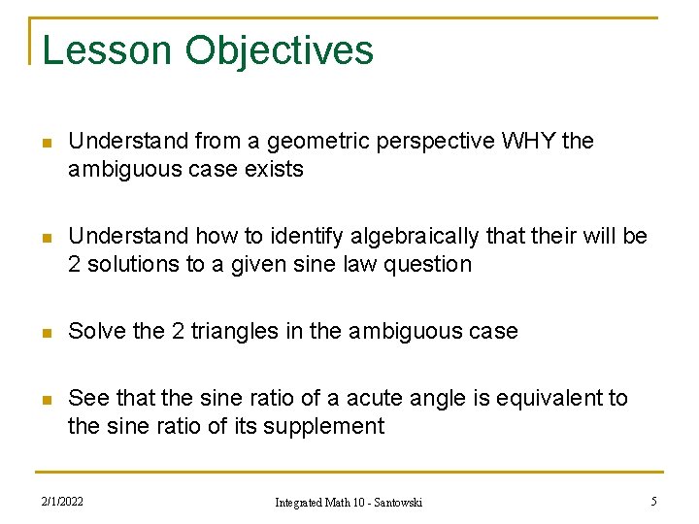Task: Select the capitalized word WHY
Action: (x=529, y=142)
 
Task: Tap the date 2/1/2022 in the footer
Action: (x=62, y=502)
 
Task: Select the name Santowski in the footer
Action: (x=400, y=503)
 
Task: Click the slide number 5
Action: (x=653, y=502)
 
